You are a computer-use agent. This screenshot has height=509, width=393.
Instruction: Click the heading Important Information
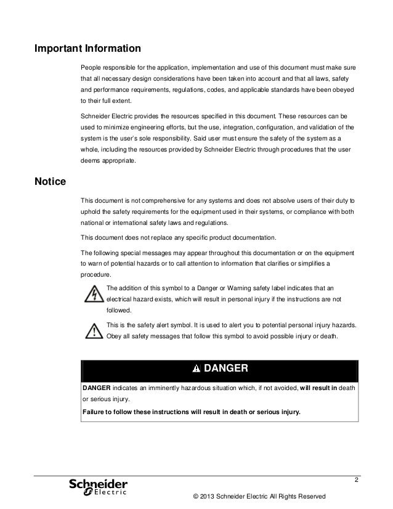coord(88,48)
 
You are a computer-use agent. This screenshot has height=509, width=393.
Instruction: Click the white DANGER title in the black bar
coord(225,369)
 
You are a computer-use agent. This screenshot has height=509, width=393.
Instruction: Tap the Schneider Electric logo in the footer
coord(98,486)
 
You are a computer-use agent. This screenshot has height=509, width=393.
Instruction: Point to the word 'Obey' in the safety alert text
coord(115,336)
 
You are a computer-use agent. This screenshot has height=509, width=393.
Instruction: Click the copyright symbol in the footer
coord(196,497)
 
